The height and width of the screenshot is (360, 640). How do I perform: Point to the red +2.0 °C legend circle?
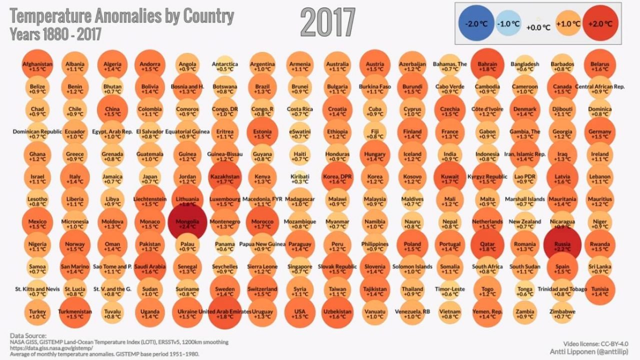[600, 23]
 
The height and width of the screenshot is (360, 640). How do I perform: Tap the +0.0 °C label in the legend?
[538, 27]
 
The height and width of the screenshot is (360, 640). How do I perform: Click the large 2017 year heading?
[327, 23]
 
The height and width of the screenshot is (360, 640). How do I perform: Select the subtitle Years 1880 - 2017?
[55, 34]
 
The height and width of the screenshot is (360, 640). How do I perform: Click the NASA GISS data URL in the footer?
[51, 348]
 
